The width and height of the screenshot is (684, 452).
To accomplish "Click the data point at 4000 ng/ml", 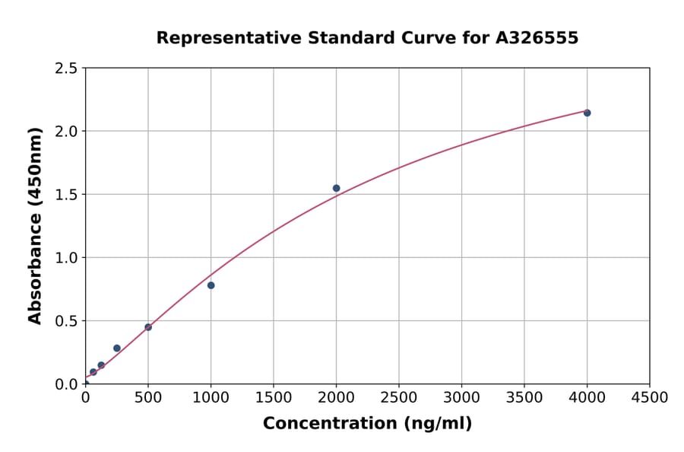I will point(587,113).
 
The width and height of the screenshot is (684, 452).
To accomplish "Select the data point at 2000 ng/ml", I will point(336,188).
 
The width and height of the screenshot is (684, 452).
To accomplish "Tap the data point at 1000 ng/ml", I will point(211,285).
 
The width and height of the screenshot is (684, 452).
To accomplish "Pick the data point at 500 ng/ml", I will point(148,327).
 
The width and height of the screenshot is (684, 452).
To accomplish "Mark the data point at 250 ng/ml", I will point(116,348).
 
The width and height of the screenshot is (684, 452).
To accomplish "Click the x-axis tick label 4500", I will point(649,398).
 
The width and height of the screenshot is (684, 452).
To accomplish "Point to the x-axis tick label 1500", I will point(274,398).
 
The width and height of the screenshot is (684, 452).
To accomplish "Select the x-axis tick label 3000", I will point(461,398).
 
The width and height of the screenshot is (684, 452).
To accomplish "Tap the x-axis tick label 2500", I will point(399,398).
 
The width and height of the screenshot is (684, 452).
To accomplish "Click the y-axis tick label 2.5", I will point(67,68).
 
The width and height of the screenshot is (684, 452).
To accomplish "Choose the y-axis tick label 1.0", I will point(67,258).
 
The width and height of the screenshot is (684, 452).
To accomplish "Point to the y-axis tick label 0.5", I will point(67,321).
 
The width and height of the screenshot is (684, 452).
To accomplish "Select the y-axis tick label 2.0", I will point(67,132).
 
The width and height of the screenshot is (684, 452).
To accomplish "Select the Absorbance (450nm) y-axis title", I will point(35,226).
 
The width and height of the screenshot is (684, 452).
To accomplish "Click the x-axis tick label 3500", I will point(524,398).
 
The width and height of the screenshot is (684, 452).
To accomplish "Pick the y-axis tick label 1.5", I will point(67,195).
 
